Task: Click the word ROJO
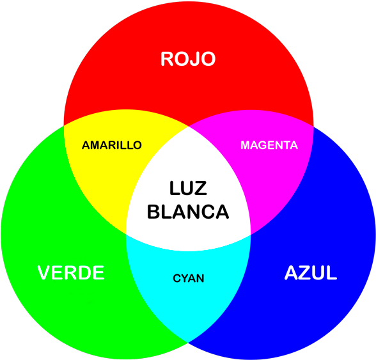[188, 59]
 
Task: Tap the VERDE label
[71, 272]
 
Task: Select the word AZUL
[311, 272]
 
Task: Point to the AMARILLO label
[112, 145]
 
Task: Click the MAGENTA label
[269, 145]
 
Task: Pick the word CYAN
[189, 278]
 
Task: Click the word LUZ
[188, 188]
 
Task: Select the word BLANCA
[188, 212]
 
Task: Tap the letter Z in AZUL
[305, 272]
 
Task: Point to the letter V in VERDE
[44, 272]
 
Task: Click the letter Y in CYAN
[185, 278]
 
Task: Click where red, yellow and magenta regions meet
[189, 126]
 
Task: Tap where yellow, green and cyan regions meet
[126, 234]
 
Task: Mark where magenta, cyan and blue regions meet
[251, 234]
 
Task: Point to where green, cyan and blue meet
[188, 342]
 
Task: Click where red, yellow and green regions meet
[64, 125]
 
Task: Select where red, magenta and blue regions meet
[313, 126]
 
